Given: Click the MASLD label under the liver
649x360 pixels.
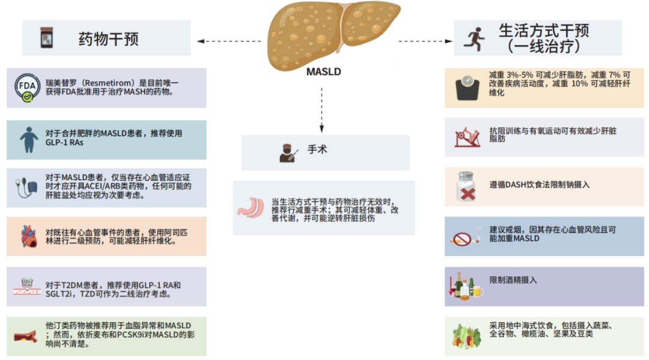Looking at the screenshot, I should tap(323, 72).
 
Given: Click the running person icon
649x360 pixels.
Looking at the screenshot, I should tap(474, 38).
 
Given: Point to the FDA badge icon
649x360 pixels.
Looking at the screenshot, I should tap(27, 88).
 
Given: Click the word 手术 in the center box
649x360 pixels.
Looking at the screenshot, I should tap(317, 150).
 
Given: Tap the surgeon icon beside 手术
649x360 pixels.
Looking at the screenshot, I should tap(288, 152).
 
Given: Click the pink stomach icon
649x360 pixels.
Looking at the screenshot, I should tap(251, 207).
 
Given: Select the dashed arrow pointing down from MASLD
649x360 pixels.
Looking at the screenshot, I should tap(322, 108).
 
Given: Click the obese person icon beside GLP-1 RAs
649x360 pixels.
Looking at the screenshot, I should tap(28, 139).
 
